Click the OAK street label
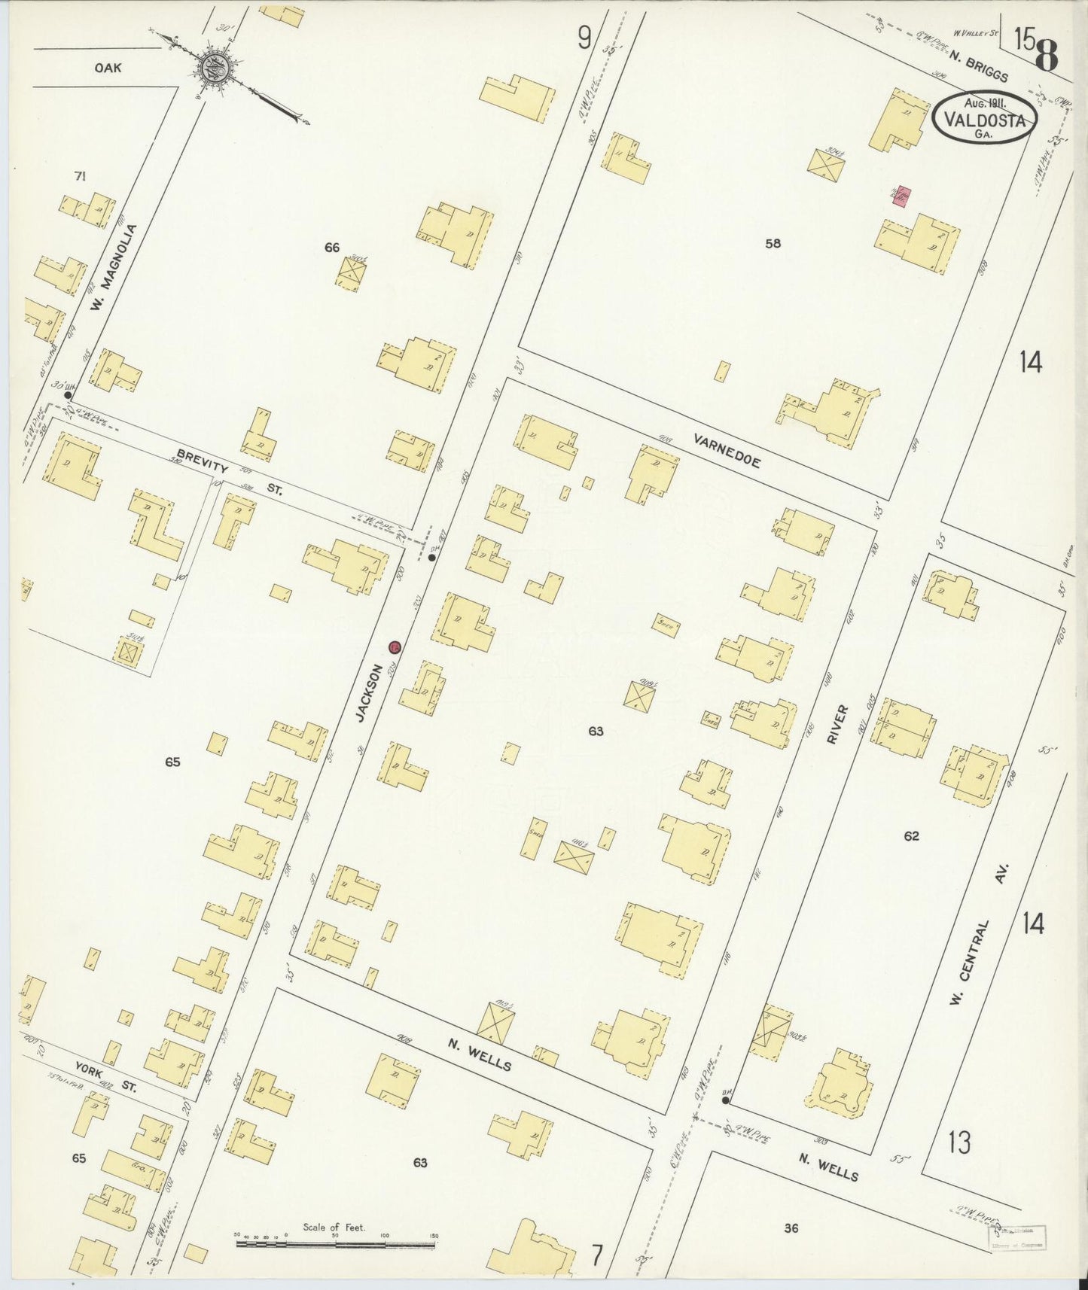tap(108, 68)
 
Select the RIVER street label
tap(837, 724)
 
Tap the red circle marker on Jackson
tap(395, 647)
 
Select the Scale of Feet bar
tap(335, 1244)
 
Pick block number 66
tap(332, 247)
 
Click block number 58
tap(773, 243)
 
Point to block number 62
tap(911, 835)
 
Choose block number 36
tap(790, 1228)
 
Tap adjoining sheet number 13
tap(959, 1142)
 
